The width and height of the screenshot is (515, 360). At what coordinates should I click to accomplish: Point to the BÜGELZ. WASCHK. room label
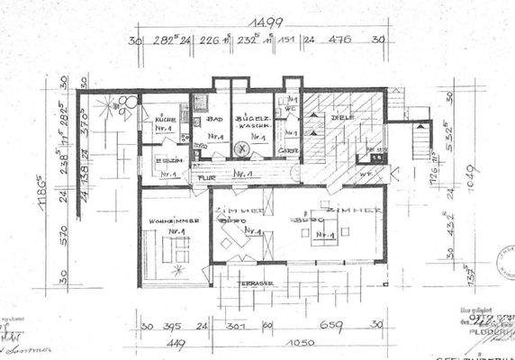(x=248, y=122)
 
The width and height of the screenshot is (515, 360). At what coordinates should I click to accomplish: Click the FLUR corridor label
(x=207, y=176)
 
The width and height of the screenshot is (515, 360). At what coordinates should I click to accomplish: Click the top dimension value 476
(x=340, y=40)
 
